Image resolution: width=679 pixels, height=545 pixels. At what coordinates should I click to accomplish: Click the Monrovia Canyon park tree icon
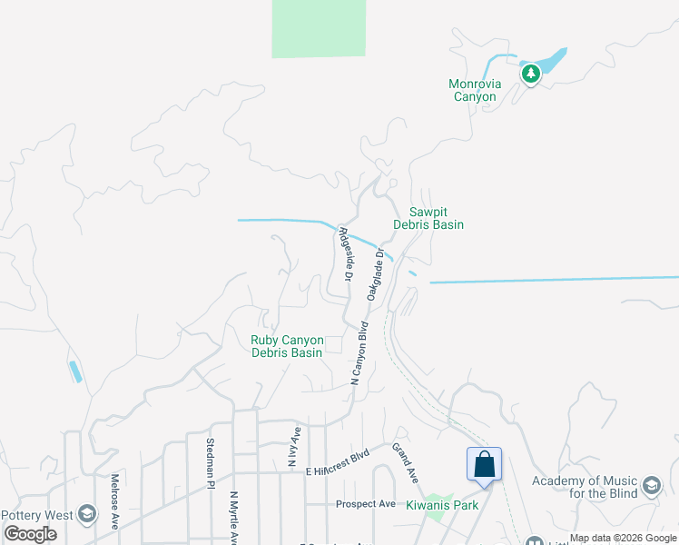[530, 74]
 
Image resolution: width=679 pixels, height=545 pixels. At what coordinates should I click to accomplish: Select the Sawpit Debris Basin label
[428, 218]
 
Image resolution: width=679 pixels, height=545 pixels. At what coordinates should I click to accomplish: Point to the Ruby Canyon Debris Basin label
[287, 346]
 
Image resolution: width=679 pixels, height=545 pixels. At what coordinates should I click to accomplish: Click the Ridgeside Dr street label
[345, 253]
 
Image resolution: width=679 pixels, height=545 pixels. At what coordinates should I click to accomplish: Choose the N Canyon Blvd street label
[360, 354]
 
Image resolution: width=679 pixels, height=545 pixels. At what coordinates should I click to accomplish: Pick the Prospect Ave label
[366, 504]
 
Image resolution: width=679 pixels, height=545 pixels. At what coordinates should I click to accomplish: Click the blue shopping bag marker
[485, 464]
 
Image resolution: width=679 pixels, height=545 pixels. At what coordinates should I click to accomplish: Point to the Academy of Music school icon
[651, 486]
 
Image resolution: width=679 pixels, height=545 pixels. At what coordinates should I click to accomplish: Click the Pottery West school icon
[86, 514]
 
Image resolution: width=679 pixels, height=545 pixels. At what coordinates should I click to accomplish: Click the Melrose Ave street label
[115, 501]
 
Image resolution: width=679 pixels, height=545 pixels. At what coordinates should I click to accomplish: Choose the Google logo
[30, 534]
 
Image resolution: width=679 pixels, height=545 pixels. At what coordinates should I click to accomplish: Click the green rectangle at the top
[320, 29]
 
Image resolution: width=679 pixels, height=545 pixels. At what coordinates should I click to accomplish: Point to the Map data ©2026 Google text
[623, 539]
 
